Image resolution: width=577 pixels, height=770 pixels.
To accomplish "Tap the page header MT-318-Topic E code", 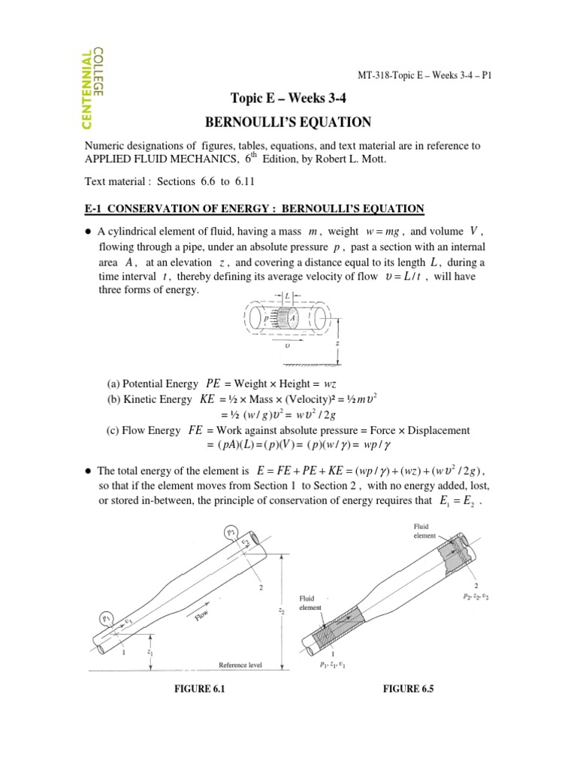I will (424, 75).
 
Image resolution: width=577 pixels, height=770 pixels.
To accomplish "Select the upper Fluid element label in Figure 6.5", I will (418, 532).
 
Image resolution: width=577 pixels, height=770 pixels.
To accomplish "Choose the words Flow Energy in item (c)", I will (154, 430).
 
